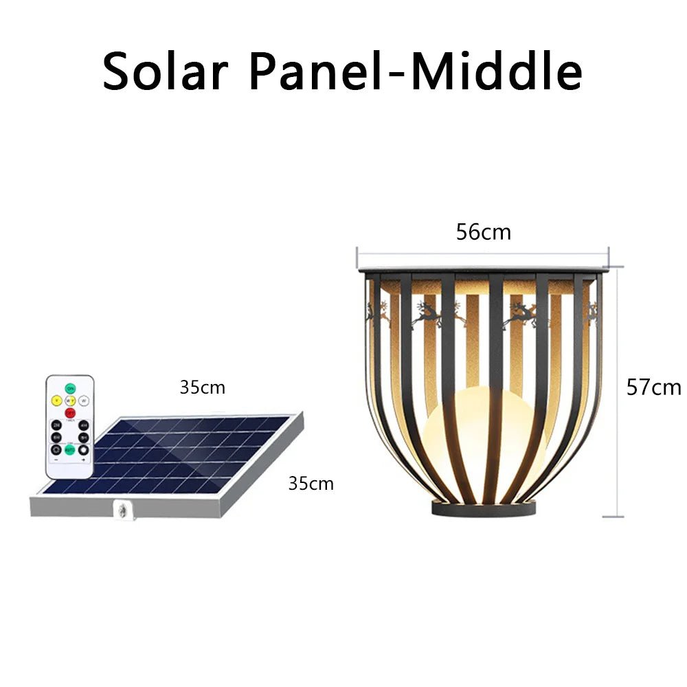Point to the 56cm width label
pos(484,232)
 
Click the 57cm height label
pos(653,387)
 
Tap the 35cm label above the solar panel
pos(203,387)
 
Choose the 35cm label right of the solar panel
pos(311,484)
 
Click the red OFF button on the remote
pos(70,413)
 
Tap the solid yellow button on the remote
pos(56,401)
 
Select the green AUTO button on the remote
pos(70,450)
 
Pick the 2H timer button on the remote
pos(56,425)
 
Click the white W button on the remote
pos(84,401)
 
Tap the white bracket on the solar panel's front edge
pos(122,510)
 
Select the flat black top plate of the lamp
pos(483,270)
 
